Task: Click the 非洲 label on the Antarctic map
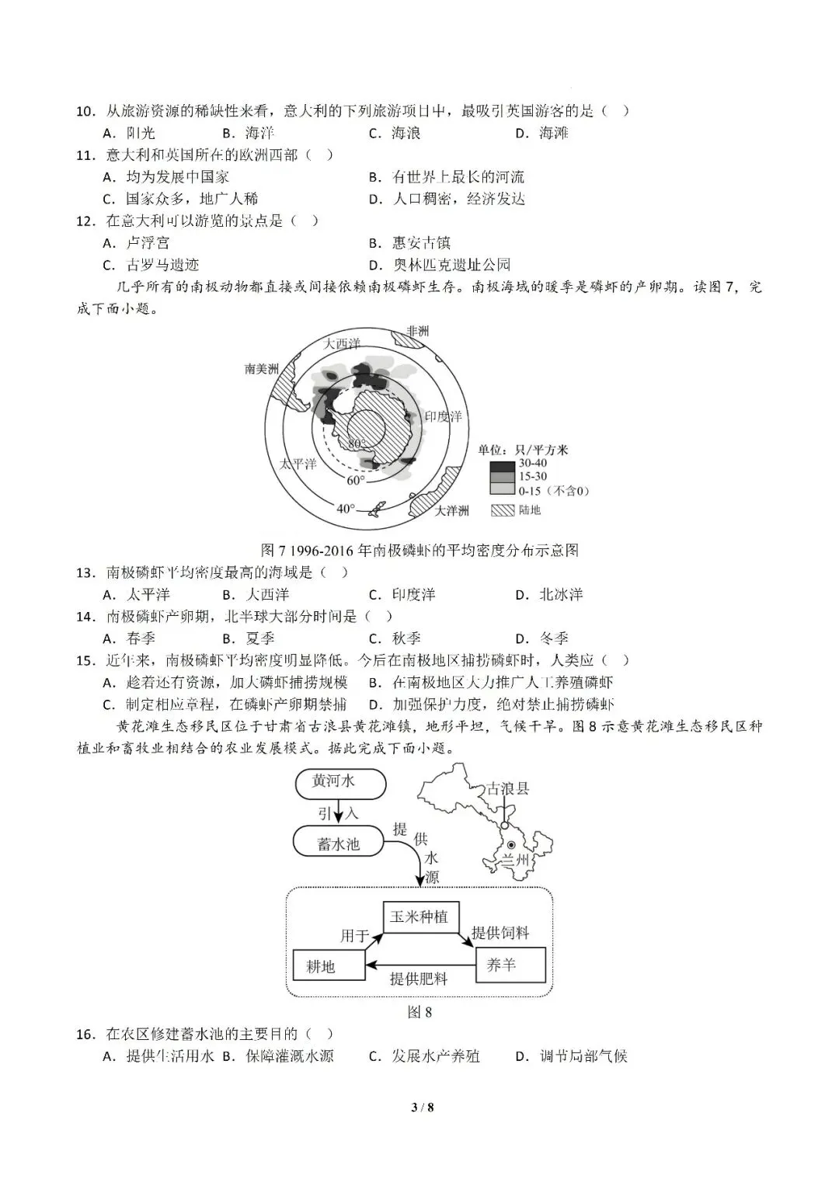[x=417, y=331]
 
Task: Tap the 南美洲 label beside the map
[x=262, y=369]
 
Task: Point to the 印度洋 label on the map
[x=443, y=416]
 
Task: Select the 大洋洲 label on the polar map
[x=451, y=510]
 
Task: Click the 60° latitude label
[x=355, y=480]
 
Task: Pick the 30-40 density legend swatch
[x=502, y=466]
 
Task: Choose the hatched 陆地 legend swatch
[x=502, y=510]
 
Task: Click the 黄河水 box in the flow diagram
[x=340, y=782]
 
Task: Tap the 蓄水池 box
[x=339, y=843]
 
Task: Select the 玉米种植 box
[x=419, y=917]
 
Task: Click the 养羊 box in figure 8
[x=501, y=965]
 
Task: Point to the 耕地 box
[x=320, y=966]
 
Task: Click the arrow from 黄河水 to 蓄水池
[x=339, y=813]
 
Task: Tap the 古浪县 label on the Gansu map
[x=508, y=788]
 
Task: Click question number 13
[x=85, y=573]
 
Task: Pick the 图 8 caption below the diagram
[x=419, y=1012]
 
